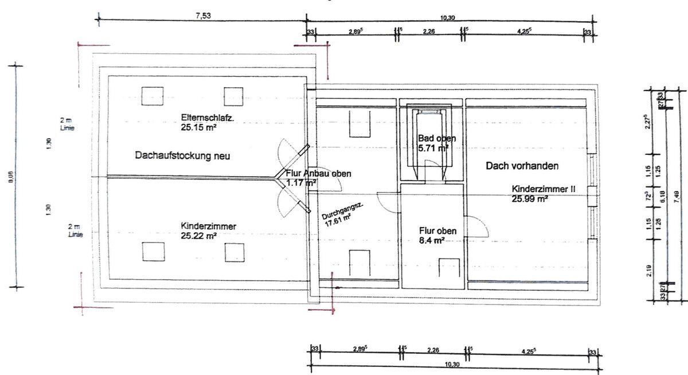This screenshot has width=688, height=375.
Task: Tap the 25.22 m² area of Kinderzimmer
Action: pos(199,236)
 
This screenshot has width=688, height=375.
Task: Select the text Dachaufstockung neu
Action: pos(182,155)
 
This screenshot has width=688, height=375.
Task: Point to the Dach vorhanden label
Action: pos(522,166)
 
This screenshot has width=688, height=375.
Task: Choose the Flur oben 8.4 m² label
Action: pos(438,236)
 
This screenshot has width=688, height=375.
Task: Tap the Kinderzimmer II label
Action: pos(544,189)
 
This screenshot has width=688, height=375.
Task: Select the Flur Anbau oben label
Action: pos(318,174)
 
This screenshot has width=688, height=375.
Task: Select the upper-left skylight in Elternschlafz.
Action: pos(153,96)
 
